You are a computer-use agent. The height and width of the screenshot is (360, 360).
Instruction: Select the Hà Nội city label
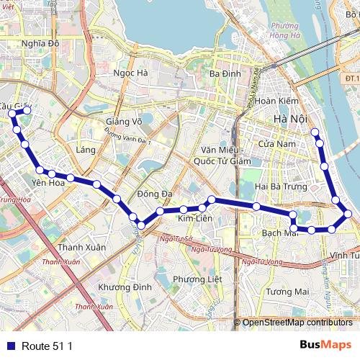coord(290,118)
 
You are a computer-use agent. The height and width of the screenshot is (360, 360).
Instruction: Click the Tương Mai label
coord(287,292)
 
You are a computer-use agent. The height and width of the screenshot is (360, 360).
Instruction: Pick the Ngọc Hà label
coord(131,73)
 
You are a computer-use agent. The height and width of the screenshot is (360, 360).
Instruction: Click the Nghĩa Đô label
coord(40,43)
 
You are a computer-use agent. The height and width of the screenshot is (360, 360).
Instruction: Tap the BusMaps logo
coord(326,345)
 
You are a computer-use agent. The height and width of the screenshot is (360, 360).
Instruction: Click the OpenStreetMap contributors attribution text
coord(297,323)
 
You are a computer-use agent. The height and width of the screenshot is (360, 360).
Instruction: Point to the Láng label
coord(85,149)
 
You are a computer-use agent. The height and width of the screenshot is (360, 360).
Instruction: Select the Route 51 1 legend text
coord(47,346)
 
